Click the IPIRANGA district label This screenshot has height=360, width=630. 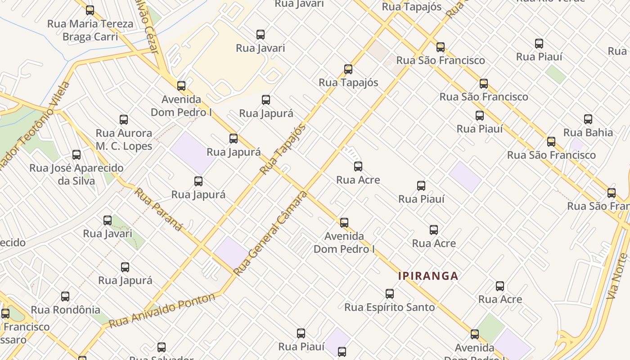[428, 276]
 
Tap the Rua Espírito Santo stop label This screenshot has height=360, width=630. [389, 307]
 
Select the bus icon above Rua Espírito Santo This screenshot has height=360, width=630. [390, 294]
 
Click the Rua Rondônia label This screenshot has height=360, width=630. [65, 310]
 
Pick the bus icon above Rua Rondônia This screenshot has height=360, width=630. [65, 297]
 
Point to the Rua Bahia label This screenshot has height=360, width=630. [588, 132]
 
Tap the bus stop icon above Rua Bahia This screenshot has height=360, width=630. [588, 119]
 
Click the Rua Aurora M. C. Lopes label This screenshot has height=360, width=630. [124, 139]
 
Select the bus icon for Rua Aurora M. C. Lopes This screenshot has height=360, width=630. [124, 120]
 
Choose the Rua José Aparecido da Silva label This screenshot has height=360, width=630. [76, 174]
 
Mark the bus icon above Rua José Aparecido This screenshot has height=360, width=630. [76, 155]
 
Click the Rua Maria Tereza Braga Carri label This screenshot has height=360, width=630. [90, 30]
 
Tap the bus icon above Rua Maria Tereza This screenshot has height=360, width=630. [90, 10]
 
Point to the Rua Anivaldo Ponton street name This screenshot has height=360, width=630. [162, 310]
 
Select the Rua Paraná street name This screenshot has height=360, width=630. [158, 209]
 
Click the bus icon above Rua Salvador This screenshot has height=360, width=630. [162, 347]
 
